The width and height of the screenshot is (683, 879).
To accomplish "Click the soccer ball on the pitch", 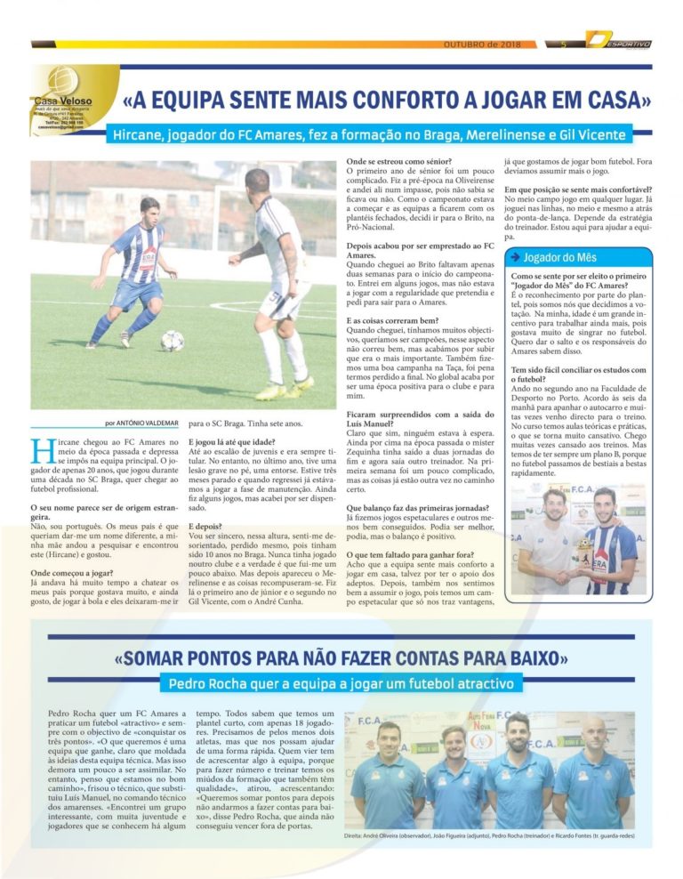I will pos(173,340).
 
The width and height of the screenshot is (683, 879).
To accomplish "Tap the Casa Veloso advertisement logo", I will pos(60,98).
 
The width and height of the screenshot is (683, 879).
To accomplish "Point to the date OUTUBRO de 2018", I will pos(482,44).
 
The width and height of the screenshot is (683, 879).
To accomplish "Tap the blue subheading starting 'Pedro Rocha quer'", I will pos(341,684).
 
